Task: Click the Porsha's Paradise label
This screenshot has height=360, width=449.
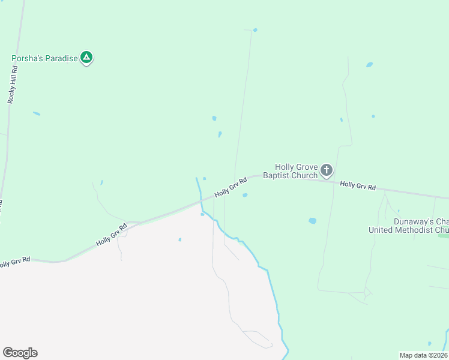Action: (45, 59)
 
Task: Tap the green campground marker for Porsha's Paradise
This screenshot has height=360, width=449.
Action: (86, 58)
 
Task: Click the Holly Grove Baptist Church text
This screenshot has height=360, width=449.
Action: (295, 171)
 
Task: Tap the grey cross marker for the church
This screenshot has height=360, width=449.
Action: (326, 170)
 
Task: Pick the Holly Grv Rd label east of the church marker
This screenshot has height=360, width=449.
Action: (358, 187)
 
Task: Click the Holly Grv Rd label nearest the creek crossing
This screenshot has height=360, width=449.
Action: (231, 187)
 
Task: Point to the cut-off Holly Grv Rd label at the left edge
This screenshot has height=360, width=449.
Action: (14, 263)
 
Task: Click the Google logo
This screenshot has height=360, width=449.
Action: (20, 353)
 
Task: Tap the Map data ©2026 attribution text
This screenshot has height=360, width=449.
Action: (423, 355)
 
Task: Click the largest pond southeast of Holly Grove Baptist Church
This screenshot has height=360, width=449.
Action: (312, 221)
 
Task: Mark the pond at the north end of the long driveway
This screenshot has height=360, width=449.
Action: (255, 30)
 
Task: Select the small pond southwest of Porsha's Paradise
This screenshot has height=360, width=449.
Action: (37, 113)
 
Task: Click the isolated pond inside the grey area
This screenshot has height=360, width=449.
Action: (180, 240)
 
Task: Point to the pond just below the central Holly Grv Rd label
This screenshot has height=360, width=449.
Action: (245, 195)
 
